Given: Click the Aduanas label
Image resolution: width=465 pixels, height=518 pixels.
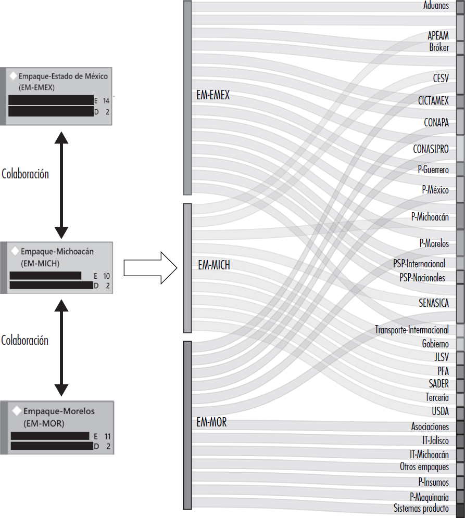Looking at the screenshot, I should tap(436, 6).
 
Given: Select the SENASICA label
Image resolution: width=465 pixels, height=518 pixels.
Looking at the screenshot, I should tap(433, 303).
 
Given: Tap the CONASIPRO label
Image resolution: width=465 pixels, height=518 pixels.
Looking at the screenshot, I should tap(431, 149).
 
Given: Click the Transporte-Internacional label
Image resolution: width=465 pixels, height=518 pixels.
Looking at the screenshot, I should tap(412, 330).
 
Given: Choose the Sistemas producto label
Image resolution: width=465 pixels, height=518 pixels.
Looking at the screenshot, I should tap(421, 508).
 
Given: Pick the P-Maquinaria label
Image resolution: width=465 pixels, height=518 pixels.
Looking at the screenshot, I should tap(429, 497).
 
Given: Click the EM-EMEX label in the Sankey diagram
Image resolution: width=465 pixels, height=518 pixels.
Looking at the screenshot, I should tap(213, 96).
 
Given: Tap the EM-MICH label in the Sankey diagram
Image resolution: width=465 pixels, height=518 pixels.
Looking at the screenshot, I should tap(214, 265).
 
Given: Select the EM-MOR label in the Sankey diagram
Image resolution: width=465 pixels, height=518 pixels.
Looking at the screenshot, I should tap(211, 423).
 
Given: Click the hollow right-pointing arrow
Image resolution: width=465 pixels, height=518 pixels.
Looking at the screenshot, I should tap(150, 268).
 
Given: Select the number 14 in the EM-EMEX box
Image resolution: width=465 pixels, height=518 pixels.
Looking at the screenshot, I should tap(106, 101).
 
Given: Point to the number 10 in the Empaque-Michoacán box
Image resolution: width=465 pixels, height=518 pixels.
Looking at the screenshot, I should tap(106, 276).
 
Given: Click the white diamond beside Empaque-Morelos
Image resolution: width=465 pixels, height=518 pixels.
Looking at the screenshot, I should tap(16, 411).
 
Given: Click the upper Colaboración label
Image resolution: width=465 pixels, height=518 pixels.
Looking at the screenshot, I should tap(25, 174).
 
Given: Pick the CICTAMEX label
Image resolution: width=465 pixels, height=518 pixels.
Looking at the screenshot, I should tap(433, 100).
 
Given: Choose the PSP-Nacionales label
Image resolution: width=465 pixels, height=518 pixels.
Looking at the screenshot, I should tap(422, 278).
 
